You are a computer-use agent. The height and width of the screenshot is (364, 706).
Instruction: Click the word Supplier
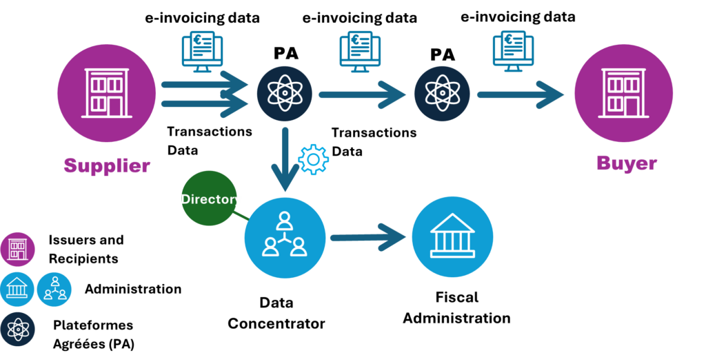coord(107,165)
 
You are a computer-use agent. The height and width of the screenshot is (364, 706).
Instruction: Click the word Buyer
coord(626,163)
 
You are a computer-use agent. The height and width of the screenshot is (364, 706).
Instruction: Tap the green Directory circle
coord(209,199)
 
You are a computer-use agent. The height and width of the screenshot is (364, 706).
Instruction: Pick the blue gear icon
coord(313,159)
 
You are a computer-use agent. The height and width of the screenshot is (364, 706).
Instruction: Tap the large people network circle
coord(284,237)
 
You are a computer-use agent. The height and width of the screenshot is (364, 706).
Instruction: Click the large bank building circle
coord(452,236)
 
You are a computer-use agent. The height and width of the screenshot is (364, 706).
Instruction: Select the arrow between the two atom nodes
coord(362,94)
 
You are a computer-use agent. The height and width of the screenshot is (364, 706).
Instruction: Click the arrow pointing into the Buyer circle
coord(521,94)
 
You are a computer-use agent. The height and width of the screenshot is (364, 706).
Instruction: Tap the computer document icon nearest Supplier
coord(203,50)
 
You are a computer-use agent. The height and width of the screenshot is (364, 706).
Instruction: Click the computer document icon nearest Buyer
coord(513,50)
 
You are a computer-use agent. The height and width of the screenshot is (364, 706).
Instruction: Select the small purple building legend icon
coord(17,249)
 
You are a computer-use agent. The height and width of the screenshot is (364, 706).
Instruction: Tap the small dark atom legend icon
coord(17,330)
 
